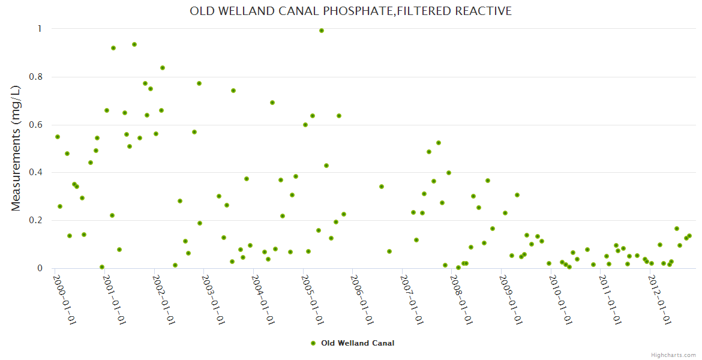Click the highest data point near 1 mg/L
[x=322, y=31]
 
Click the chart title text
[x=350, y=11]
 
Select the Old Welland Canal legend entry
[x=358, y=343]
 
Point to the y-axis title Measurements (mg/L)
[x=16, y=148]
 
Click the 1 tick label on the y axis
[x=40, y=29]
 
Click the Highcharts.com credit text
[x=673, y=355]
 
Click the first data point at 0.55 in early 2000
[x=58, y=137]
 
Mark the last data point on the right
[x=689, y=236]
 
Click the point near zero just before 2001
[x=102, y=267]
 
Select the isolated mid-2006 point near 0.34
[x=382, y=187]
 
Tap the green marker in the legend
[x=313, y=343]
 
